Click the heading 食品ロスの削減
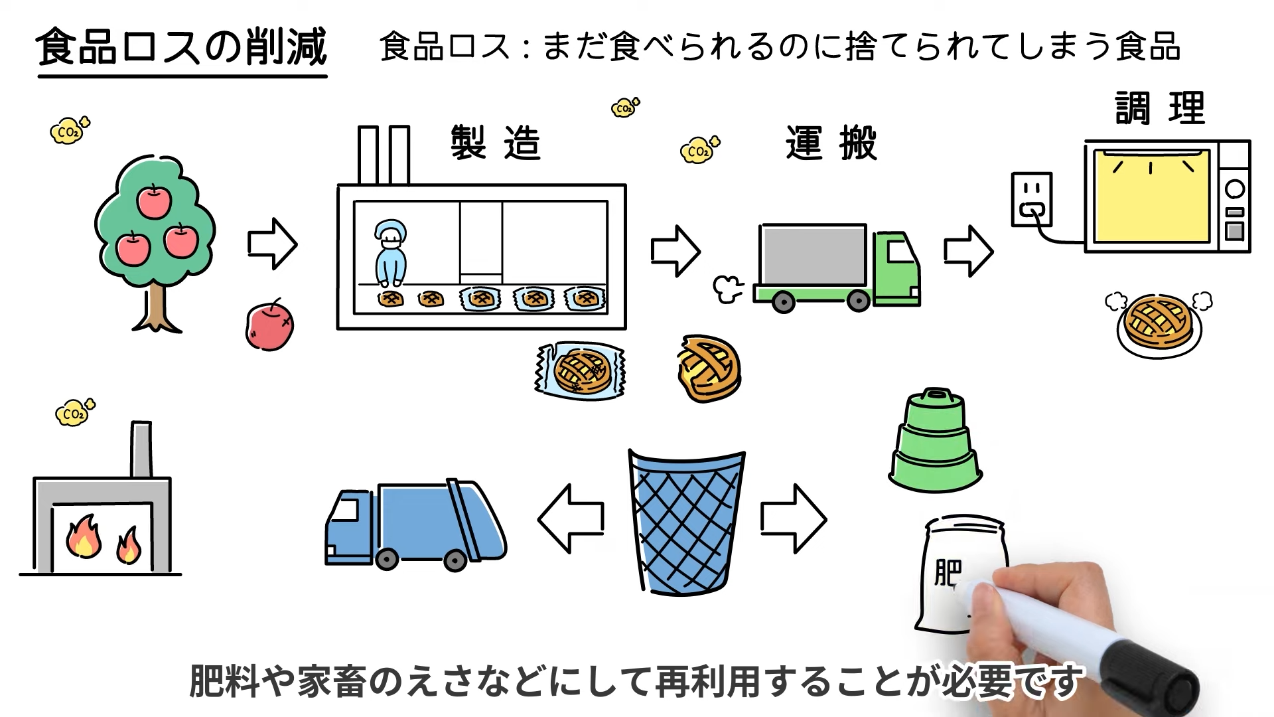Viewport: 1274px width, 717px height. coord(181,48)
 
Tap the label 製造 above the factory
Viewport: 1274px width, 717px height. coord(496,143)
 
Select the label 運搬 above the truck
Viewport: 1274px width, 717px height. coord(831,143)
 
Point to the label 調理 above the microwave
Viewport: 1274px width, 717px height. coord(1159,108)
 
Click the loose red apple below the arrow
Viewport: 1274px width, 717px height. coord(269,326)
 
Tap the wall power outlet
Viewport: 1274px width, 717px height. coord(1031,199)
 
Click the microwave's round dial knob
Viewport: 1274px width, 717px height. coord(1234,189)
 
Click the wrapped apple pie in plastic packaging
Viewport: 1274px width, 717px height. coord(581,370)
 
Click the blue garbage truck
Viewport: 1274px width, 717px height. coord(415,524)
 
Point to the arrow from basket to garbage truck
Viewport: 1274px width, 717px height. coord(571,518)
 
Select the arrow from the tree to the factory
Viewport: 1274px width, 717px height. coord(272,244)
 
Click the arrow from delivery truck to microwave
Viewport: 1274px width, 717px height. coord(968,251)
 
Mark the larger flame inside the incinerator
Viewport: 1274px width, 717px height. coord(83,536)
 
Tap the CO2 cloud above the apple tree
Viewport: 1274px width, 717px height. coord(69,131)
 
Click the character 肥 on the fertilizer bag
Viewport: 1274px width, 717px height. coord(948,572)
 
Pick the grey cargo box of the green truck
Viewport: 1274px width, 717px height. coord(814,256)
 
